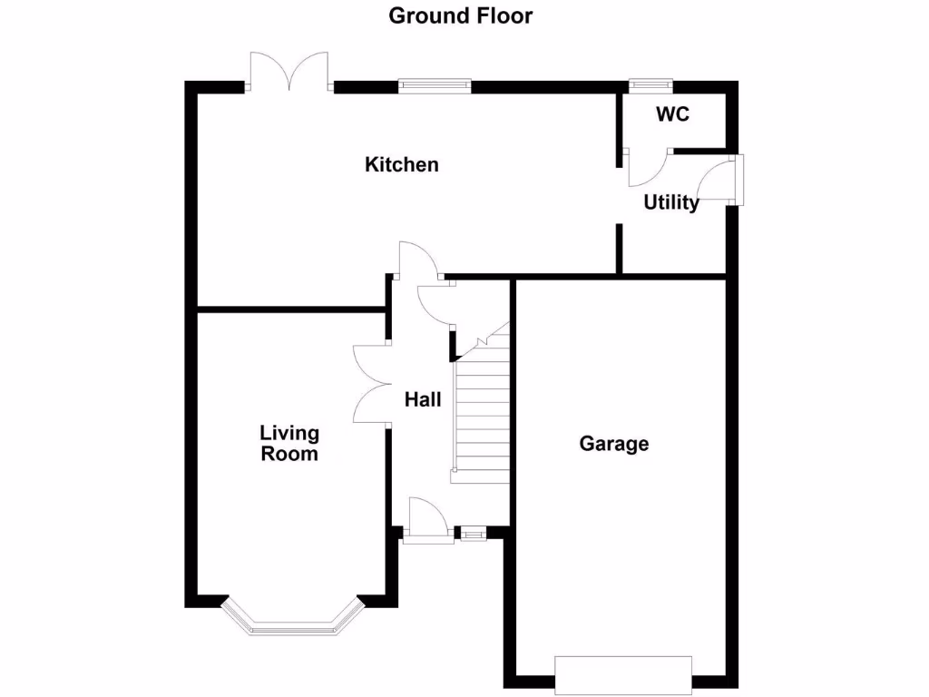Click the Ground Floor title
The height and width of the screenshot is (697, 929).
460,15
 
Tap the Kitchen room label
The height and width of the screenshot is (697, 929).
401,164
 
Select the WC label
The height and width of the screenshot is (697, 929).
672,114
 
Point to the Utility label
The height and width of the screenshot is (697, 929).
671,202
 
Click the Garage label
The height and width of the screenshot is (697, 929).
614,444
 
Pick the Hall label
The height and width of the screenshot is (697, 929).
423,398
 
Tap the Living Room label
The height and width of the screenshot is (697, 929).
289,443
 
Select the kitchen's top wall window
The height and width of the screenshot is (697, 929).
435,87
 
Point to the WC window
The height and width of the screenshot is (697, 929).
650,86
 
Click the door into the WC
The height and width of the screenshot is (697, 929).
645,168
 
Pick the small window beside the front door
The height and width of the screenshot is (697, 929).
471,535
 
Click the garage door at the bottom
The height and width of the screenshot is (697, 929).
622,675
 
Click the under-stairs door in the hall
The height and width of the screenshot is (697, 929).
435,305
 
